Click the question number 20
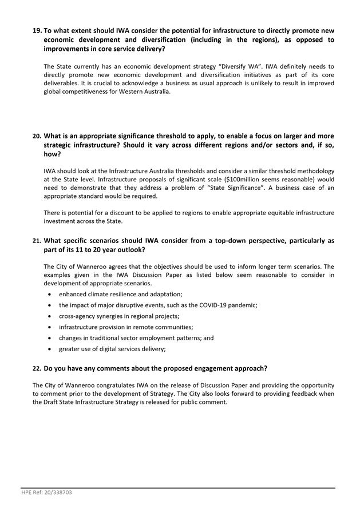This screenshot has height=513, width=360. (37, 136)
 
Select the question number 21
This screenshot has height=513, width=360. (37, 241)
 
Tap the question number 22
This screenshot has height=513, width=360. (37, 368)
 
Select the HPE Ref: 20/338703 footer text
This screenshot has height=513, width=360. (46, 492)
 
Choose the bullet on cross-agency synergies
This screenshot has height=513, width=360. (118, 316)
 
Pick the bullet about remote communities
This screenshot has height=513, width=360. (125, 327)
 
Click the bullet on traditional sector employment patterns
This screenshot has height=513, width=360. (136, 337)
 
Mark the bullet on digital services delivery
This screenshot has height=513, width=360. (112, 348)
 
